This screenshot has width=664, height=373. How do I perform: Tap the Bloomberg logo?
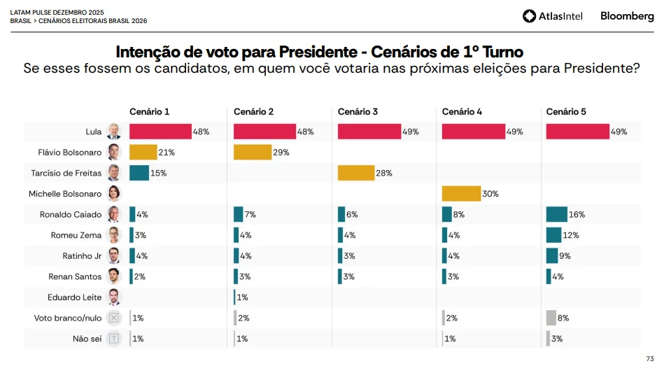[x=627, y=16]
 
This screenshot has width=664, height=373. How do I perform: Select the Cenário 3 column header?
[x=358, y=112]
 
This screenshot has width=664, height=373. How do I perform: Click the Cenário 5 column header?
[x=566, y=112]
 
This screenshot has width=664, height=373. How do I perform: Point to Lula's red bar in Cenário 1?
[x=160, y=132]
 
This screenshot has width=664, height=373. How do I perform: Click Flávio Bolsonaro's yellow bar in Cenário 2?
[x=252, y=153]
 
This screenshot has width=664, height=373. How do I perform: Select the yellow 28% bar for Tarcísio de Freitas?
[x=356, y=173]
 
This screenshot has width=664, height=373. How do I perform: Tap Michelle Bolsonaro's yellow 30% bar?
[x=461, y=194]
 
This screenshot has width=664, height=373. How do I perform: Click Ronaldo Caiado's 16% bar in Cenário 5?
[x=556, y=215]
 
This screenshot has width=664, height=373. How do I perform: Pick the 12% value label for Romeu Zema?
[x=571, y=235]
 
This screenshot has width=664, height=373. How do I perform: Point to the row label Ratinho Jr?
[x=82, y=256]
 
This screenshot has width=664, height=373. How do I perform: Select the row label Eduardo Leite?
[x=74, y=297]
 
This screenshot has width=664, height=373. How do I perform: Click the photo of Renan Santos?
[x=114, y=276]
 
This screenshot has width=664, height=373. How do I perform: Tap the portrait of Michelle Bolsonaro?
[x=114, y=194]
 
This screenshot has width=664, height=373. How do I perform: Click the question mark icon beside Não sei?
[x=114, y=339]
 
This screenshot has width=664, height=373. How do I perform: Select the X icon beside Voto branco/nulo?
[x=114, y=318]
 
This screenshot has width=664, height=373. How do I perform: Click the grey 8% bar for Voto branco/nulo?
[x=551, y=318]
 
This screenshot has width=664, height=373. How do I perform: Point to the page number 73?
[x=649, y=359]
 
